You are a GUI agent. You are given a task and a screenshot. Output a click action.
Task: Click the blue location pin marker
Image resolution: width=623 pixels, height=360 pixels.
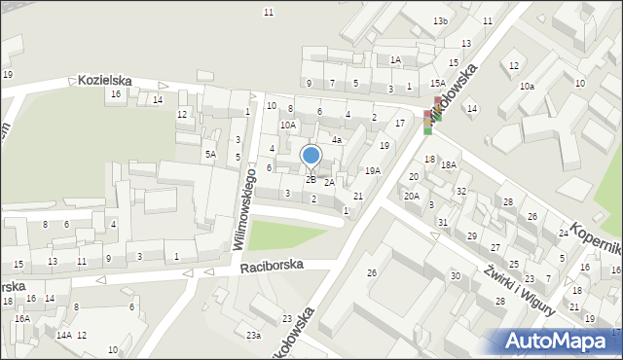click(x=311, y=157)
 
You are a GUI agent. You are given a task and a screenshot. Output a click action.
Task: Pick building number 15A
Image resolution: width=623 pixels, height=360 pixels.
click(x=438, y=84)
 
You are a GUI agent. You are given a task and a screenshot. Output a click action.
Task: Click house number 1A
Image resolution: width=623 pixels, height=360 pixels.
click(x=395, y=60)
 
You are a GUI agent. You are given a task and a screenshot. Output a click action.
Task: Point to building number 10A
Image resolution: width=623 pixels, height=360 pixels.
click(x=288, y=125)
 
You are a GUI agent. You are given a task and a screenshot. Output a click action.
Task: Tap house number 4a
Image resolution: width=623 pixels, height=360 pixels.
click(x=336, y=140)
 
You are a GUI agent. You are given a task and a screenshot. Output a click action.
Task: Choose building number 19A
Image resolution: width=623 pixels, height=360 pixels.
click(x=373, y=171)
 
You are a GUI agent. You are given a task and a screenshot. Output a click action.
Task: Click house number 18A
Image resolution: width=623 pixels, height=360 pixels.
click(x=448, y=165)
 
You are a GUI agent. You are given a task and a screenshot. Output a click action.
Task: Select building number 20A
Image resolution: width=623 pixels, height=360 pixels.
click(x=412, y=197)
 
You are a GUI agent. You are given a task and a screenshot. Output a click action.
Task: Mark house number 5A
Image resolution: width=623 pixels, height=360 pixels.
click(x=209, y=154)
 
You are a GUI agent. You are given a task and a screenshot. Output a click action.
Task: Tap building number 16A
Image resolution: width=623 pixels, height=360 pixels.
click(x=21, y=318)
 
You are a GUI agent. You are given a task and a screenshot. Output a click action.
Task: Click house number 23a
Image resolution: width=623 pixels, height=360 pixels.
click(x=253, y=336)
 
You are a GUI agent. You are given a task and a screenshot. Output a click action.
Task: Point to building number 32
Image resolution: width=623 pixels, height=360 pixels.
click(x=461, y=192)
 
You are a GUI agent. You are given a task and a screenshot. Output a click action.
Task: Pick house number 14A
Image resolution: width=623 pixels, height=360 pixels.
click(x=63, y=335)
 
